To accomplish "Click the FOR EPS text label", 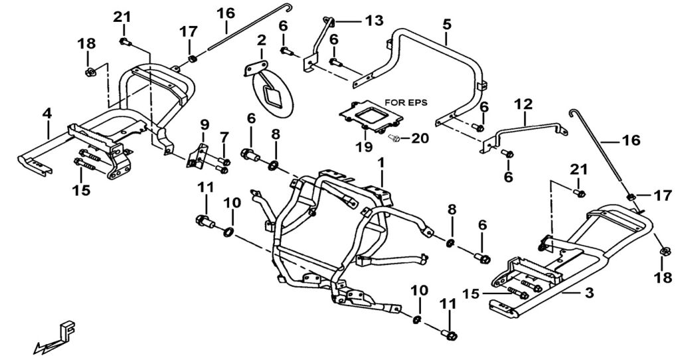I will click(406, 103).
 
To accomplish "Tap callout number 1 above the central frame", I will click(381, 162).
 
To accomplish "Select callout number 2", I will click(261, 41).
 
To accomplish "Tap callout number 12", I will click(523, 104).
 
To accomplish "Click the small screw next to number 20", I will click(395, 138).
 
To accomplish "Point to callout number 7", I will click(224, 137).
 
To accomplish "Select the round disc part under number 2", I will click(270, 94).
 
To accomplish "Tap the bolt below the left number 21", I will click(124, 42).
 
